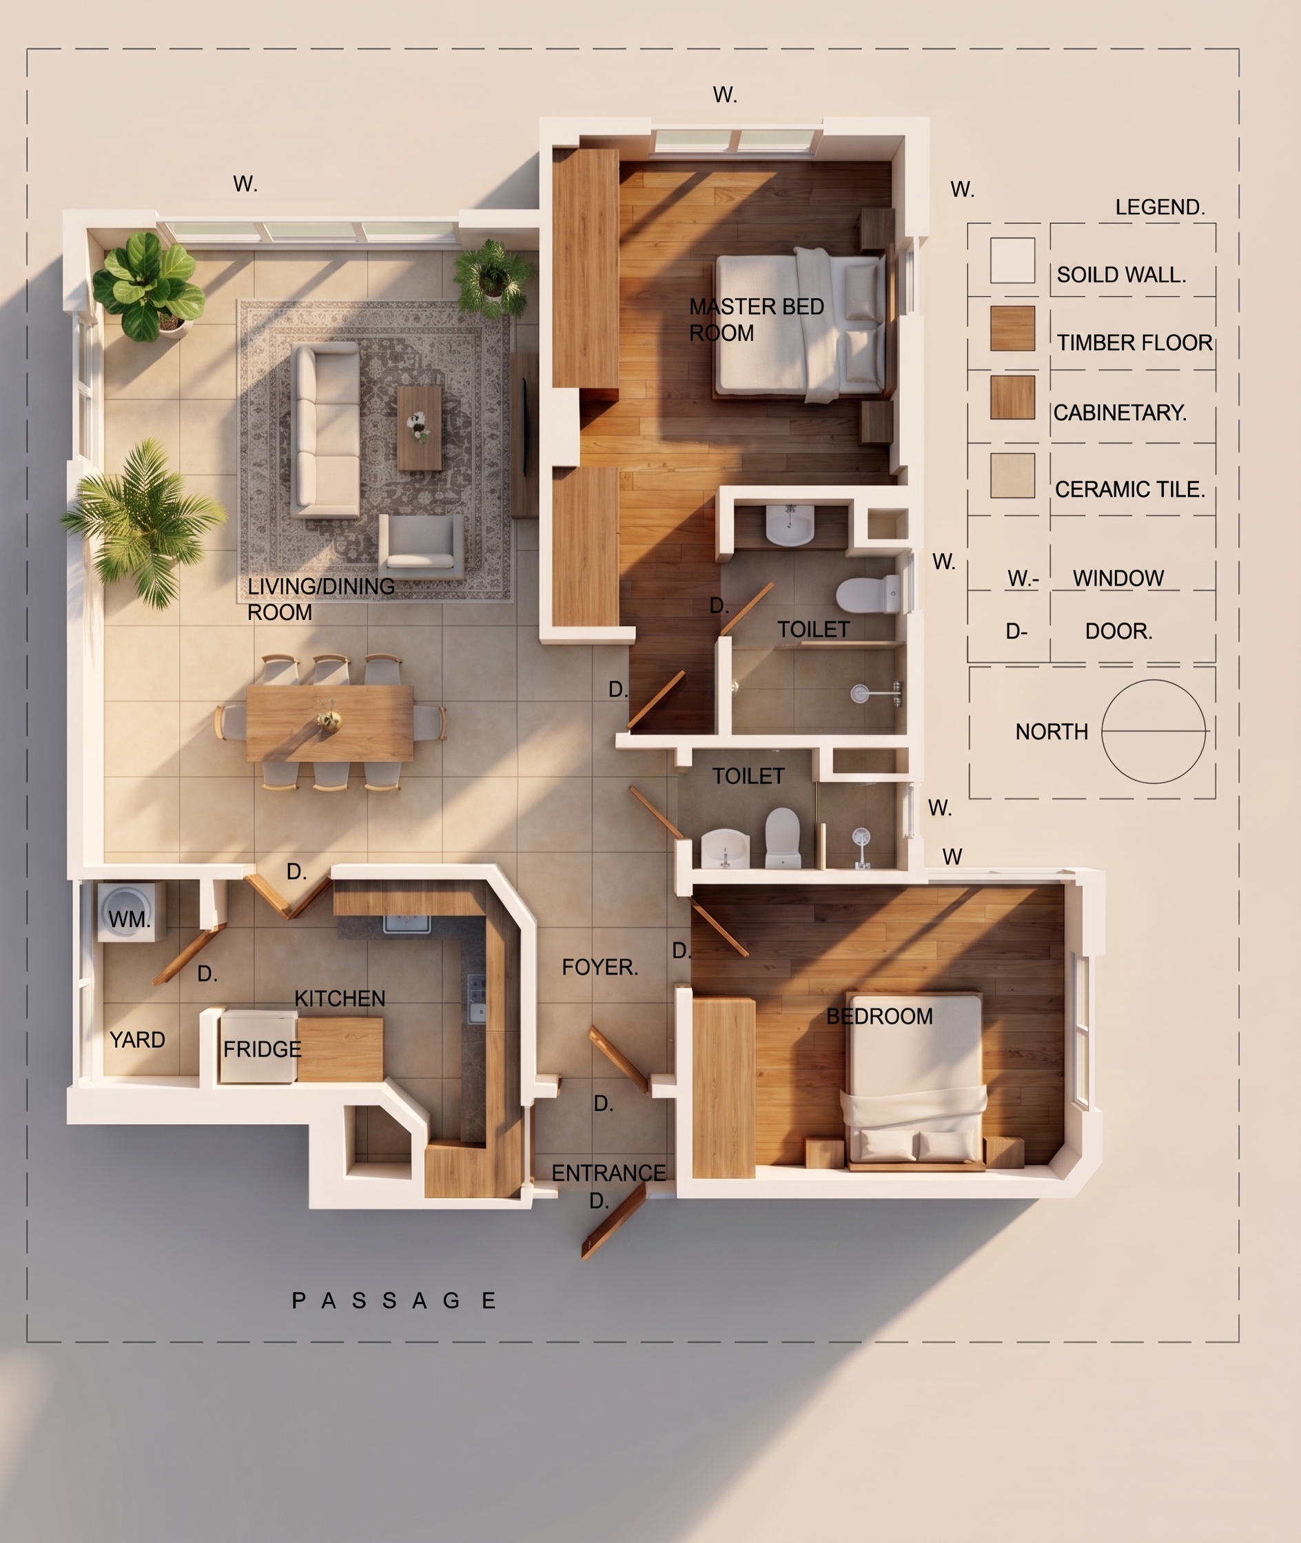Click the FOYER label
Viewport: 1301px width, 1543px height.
[600, 967]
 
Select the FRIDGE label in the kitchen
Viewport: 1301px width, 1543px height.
[262, 1049]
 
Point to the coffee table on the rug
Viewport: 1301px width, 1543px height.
[420, 428]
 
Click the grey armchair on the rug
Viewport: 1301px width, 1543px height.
[421, 546]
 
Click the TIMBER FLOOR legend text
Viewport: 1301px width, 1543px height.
[1134, 343]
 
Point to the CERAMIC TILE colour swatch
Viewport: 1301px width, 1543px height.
[1013, 475]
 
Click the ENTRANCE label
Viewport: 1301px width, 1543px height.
[608, 1173]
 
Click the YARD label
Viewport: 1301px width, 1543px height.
[137, 1040]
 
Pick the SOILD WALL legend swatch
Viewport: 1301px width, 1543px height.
[1013, 260]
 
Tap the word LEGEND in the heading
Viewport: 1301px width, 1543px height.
[1160, 207]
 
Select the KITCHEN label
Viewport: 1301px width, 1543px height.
[340, 999]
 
